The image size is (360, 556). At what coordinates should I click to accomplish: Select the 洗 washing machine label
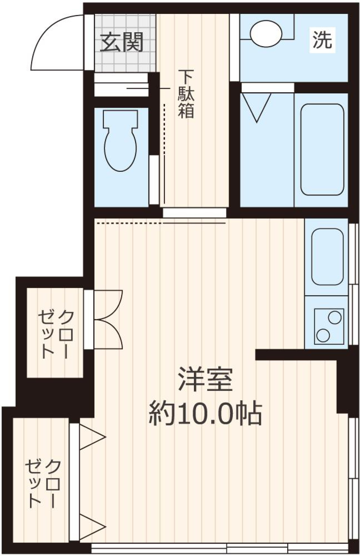tap(322, 39)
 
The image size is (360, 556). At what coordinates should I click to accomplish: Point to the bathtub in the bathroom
tap(322, 149)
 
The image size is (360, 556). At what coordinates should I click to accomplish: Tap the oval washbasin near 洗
tap(265, 33)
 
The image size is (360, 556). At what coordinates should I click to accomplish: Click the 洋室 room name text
tap(205, 379)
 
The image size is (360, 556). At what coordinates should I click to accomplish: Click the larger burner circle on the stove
tap(322, 334)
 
